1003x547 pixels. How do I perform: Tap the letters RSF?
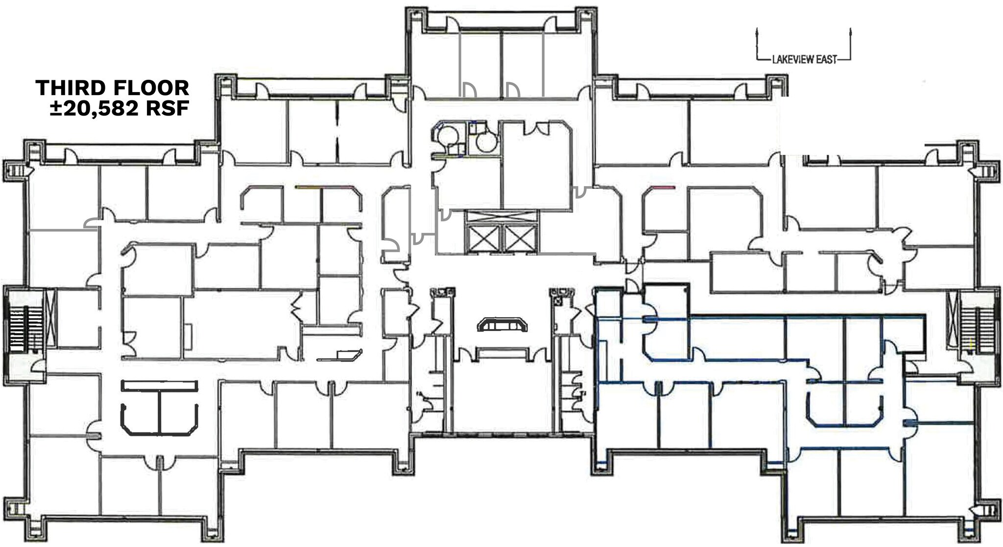pyautogui.click(x=167, y=108)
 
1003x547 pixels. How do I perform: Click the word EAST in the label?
pyautogui.click(x=825, y=60)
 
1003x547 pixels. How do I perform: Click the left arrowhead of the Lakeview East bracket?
pyautogui.click(x=758, y=31)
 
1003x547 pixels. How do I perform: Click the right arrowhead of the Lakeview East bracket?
pyautogui.click(x=851, y=31)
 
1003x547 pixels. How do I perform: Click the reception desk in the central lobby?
pyautogui.click(x=503, y=325)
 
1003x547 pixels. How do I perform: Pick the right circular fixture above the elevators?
pyautogui.click(x=487, y=142)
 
